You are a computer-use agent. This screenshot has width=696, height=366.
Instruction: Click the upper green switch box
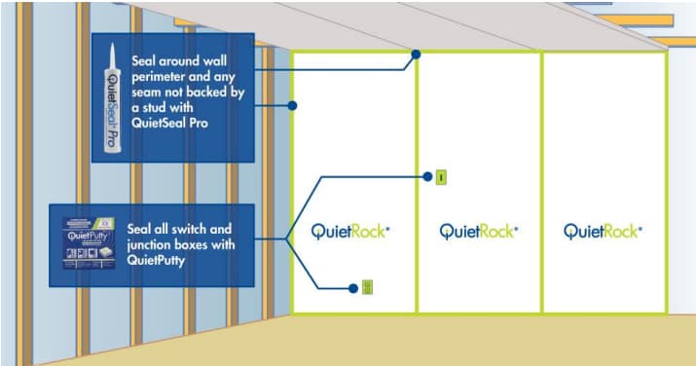[x=440, y=177]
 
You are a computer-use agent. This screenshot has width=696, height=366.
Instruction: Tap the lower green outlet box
[x=368, y=287]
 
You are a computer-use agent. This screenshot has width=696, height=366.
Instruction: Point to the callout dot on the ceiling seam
[x=416, y=55]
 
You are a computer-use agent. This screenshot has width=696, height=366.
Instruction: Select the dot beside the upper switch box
[x=426, y=177]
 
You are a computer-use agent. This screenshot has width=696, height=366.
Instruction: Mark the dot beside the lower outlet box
[x=353, y=287]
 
